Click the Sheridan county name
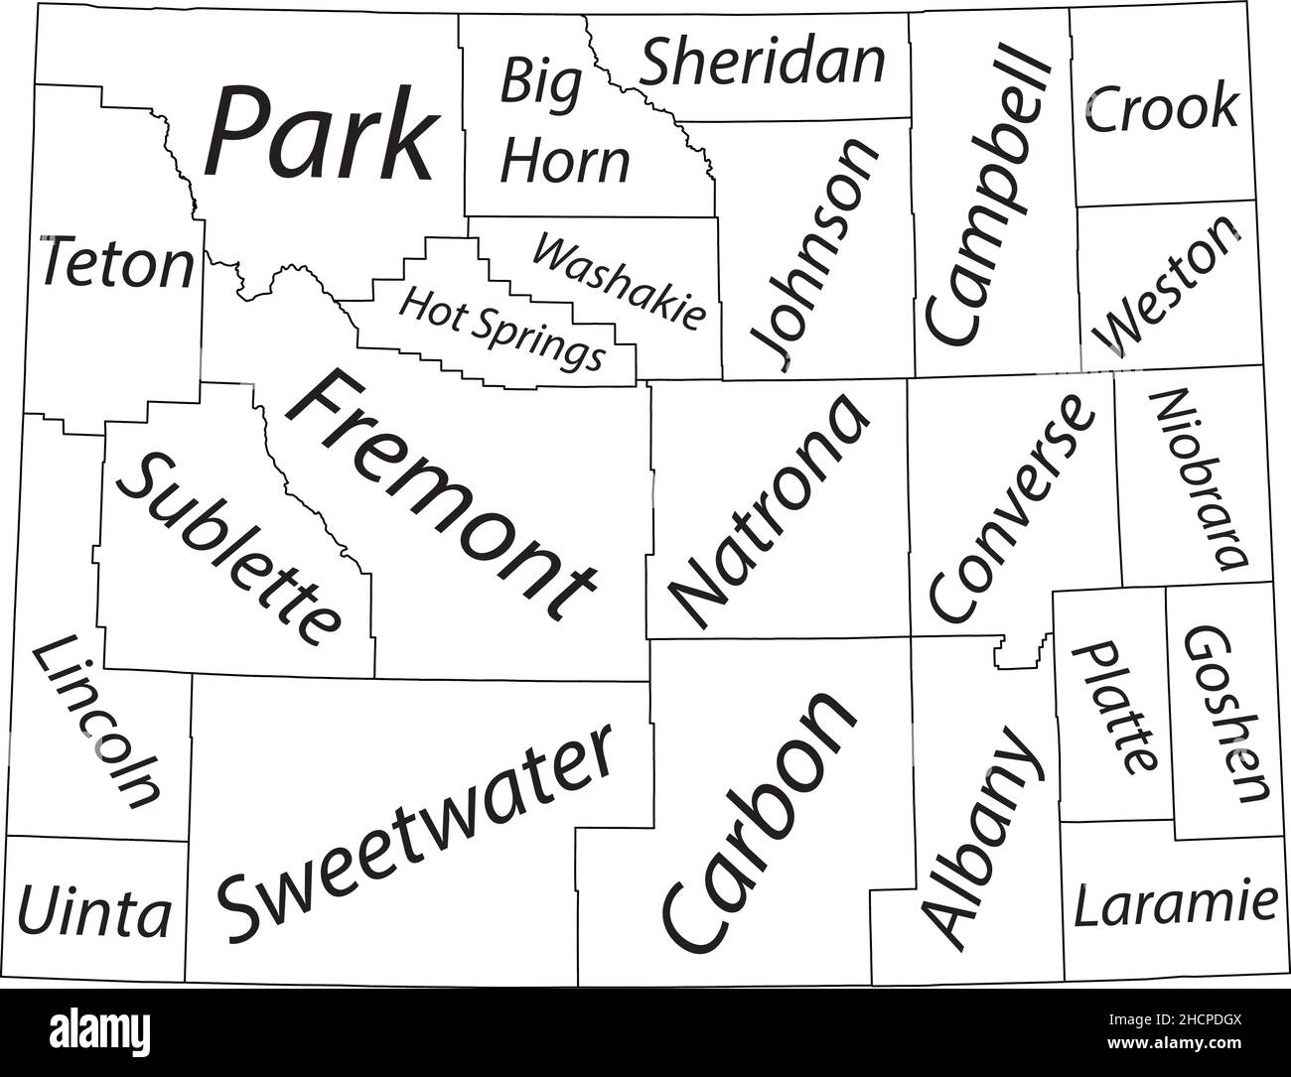(762, 62)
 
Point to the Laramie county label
(1175, 905)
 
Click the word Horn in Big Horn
(565, 163)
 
